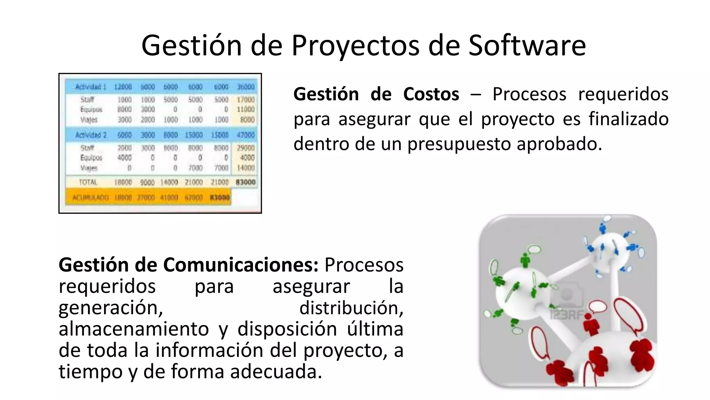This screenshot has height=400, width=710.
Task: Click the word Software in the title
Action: coord(527,45)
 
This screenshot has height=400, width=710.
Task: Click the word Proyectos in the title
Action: coord(355,45)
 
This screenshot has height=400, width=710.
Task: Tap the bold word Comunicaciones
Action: coord(241,265)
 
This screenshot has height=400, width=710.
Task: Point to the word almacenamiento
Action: coord(133,329)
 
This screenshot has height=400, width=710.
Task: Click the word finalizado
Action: coord(629,119)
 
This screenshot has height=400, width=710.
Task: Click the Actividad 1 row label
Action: coord(90,87)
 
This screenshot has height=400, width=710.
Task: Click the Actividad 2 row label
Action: coord(90,135)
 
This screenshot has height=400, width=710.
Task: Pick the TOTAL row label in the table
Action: coord(88,182)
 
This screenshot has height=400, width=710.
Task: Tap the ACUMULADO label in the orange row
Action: coord(90,198)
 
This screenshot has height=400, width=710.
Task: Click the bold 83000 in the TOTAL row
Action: coord(245,182)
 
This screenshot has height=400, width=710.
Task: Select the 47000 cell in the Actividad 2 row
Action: coord(245,135)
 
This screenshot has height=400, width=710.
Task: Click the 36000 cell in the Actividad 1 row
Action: coord(245,87)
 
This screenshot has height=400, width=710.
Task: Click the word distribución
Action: coord(351,308)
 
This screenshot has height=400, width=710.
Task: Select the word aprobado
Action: coord(559,144)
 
